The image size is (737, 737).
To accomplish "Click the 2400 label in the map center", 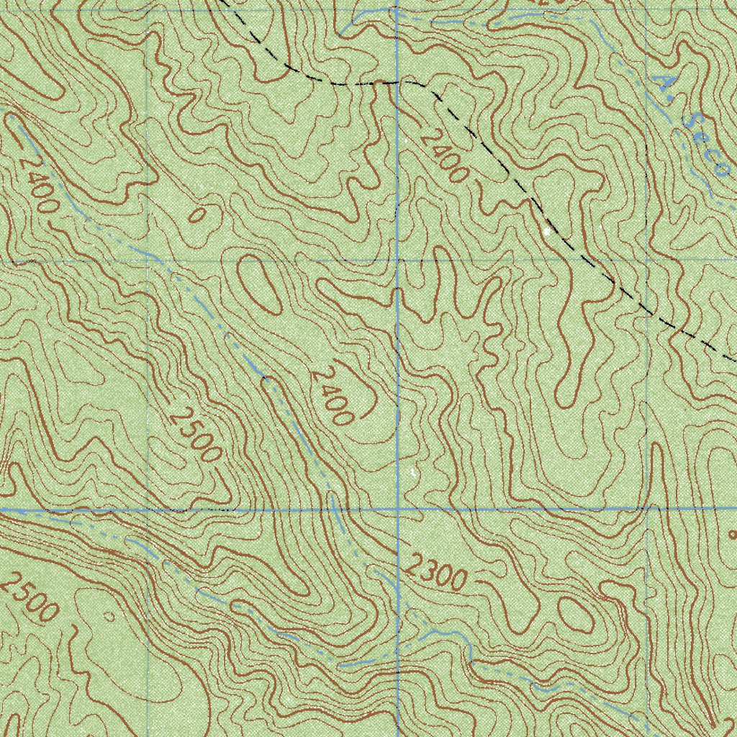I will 332,395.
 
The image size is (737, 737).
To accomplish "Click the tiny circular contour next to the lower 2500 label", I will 109,616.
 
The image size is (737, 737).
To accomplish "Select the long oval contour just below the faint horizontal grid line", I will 258,284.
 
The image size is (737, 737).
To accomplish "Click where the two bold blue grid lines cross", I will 398,509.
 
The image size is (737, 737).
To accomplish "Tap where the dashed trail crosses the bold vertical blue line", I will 398,82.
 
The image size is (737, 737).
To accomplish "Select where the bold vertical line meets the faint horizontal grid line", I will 398,261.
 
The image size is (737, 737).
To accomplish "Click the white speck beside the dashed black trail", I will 548,232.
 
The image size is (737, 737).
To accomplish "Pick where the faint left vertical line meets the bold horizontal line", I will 148,510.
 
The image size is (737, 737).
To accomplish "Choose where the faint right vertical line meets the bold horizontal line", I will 647,508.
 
